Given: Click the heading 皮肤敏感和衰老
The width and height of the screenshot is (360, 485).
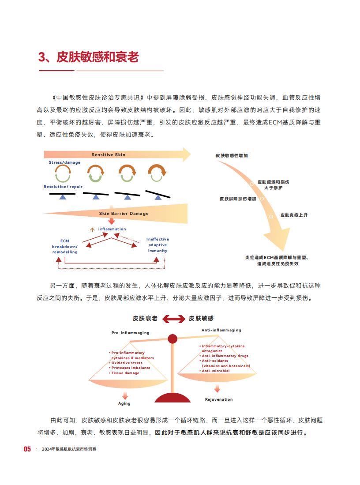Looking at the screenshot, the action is click(97, 57).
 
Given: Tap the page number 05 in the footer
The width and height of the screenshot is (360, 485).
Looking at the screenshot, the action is click(27, 449).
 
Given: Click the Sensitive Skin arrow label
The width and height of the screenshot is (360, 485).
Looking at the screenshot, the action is click(109, 154).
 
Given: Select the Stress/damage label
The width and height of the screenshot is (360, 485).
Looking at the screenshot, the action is click(64, 162).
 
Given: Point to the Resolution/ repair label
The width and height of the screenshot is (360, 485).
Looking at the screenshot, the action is click(63, 187).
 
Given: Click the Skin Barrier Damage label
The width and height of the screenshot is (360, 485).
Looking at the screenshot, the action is click(124, 214).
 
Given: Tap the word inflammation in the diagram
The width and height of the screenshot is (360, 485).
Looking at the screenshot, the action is click(112, 229).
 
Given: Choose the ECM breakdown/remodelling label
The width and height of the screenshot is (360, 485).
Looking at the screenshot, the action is click(65, 247).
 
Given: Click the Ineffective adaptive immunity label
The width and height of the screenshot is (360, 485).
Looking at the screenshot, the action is click(158, 245).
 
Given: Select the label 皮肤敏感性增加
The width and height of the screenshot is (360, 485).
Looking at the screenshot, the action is click(232, 156).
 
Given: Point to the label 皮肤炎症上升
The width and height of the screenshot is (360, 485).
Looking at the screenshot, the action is click(294, 215).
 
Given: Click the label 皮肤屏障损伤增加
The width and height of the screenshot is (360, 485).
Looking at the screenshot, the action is click(238, 199).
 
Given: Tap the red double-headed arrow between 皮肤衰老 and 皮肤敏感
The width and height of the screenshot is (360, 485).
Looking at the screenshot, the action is click(173, 319).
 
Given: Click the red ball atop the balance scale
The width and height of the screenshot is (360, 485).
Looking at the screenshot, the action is click(172, 339).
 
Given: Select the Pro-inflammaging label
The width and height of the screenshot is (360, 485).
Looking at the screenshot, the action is click(131, 333).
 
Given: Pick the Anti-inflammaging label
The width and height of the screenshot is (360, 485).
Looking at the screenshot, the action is click(221, 330).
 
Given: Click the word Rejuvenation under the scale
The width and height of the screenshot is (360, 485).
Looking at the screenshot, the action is click(219, 400).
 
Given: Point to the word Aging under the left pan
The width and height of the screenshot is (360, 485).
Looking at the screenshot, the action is click(124, 404).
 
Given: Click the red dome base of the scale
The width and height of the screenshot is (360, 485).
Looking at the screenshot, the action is click(172, 398).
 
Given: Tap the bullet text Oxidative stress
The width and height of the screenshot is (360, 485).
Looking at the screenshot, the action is click(127, 363).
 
